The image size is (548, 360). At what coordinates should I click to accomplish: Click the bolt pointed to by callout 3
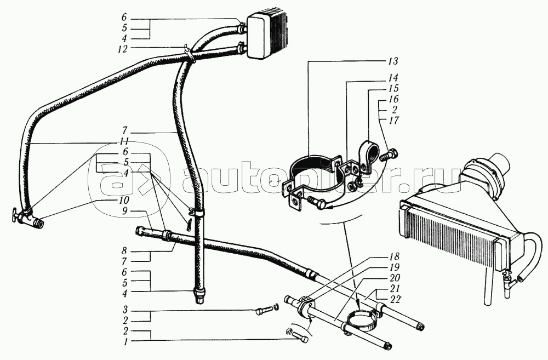[x=260, y=312]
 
